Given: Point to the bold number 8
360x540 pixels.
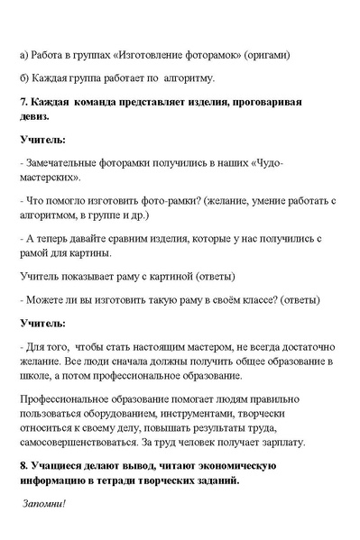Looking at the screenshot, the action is click(23, 466).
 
